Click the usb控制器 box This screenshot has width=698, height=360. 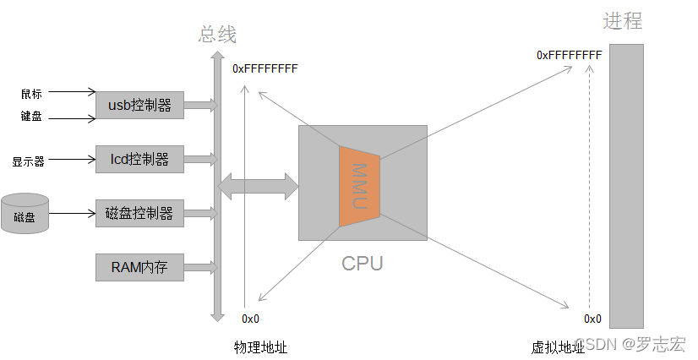click(x=139, y=106)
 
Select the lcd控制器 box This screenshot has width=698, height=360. click(x=139, y=159)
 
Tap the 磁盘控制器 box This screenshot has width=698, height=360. click(x=139, y=213)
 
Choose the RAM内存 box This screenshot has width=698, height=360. click(x=139, y=268)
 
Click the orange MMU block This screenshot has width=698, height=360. click(x=359, y=185)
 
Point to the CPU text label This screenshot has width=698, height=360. click(x=362, y=263)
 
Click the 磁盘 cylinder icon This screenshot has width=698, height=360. click(x=25, y=215)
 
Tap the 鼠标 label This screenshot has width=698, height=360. click(x=31, y=93)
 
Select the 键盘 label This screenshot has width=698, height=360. click(x=31, y=117)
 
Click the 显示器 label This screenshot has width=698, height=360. click(x=28, y=161)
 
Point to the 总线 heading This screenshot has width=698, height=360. click(x=217, y=35)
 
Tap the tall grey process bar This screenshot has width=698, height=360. click(x=626, y=186)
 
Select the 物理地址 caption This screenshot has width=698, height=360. click(x=260, y=346)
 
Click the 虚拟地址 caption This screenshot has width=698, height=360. click(x=557, y=346)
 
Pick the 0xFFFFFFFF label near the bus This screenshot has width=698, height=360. click(x=264, y=68)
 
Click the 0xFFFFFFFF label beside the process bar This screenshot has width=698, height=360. click(x=569, y=55)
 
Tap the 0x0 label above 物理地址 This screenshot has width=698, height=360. click(x=250, y=319)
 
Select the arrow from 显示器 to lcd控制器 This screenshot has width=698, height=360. click(x=73, y=159)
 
